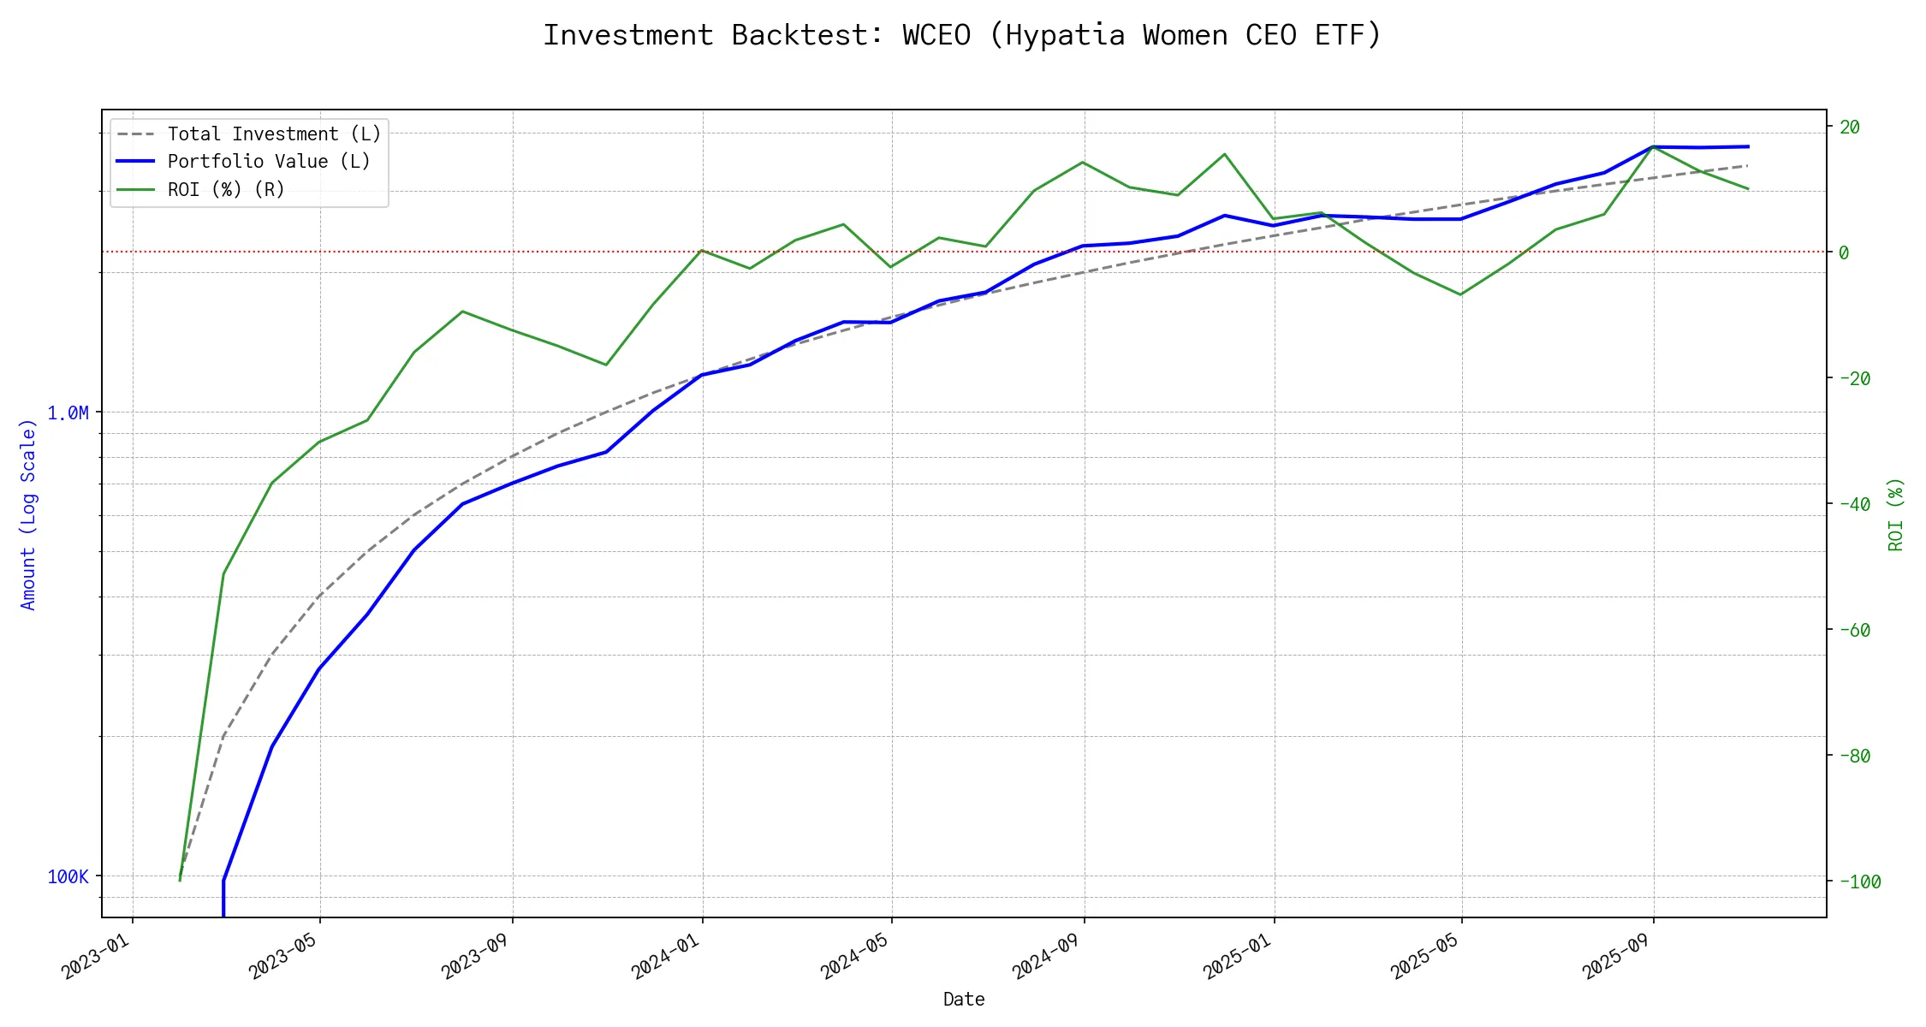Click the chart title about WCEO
coord(962,35)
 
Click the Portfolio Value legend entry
coord(269,162)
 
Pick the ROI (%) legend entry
coord(226,189)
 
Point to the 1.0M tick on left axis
coord(68,413)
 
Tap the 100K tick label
coord(68,876)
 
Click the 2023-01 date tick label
coord(95,955)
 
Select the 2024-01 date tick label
coord(665,955)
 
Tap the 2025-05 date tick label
coord(1424,955)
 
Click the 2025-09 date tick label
coord(1616,955)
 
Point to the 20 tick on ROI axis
coord(1850,127)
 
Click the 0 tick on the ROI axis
coord(1844,252)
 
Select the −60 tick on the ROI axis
coord(1855,630)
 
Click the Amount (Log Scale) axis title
coord(28,513)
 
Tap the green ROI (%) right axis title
coord(1895,513)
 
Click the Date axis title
coord(964,999)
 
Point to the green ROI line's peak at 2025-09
coord(1653,146)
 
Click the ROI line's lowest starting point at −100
coord(180,880)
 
